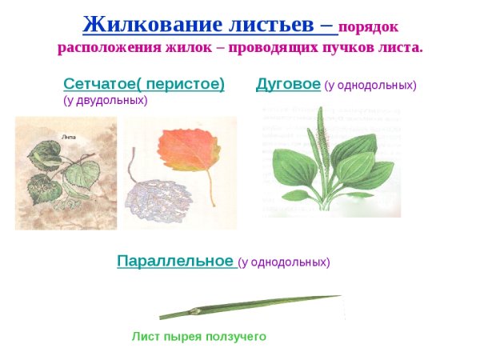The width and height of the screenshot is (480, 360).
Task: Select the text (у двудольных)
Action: click(105, 100)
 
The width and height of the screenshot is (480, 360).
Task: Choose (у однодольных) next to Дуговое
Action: click(370, 85)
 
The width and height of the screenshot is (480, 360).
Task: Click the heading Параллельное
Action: click(175, 261)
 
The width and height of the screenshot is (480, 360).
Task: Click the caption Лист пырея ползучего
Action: click(198, 337)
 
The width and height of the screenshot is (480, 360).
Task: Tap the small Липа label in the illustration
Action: click(69, 137)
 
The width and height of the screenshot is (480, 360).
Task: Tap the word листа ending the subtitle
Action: click(405, 47)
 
